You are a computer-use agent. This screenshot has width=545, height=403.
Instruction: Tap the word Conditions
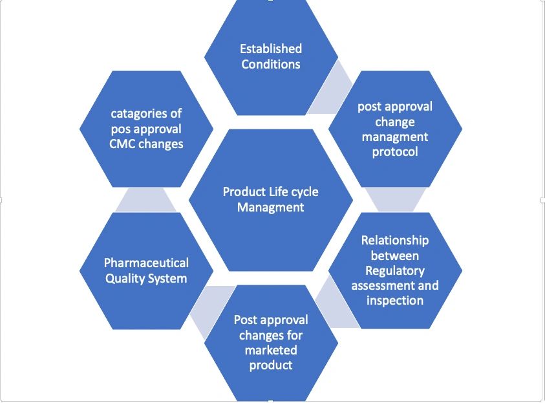click(271, 64)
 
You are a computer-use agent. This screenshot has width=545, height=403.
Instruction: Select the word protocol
click(395, 152)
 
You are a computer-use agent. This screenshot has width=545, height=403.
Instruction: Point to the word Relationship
click(394, 240)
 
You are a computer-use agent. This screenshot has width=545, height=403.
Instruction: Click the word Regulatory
click(394, 270)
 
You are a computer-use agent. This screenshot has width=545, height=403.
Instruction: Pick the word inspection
click(394, 300)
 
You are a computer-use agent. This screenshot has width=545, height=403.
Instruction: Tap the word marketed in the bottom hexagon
click(271, 350)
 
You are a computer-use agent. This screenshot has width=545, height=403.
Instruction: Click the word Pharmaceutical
click(146, 263)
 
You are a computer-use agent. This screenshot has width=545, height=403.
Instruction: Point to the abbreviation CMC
click(122, 144)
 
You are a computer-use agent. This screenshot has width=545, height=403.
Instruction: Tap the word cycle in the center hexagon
click(304, 191)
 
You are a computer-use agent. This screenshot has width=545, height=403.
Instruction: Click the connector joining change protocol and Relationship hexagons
click(395, 200)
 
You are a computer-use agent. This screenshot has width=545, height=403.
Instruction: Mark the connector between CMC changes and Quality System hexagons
click(146, 200)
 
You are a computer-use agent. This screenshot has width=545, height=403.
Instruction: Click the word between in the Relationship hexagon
click(394, 256)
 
